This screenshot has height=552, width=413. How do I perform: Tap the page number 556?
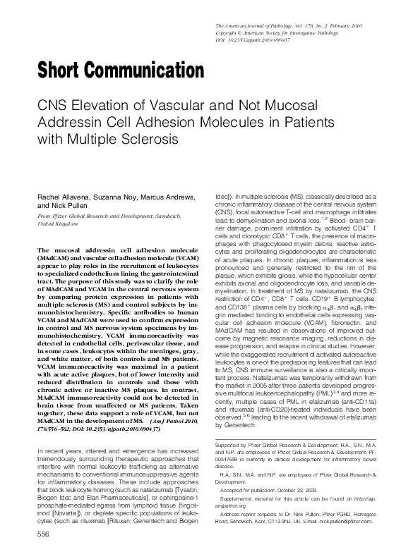pyautogui.click(x=43, y=535)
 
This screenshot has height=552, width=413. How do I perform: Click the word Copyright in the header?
pyautogui.click(x=228, y=32)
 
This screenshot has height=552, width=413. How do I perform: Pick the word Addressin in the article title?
pyautogui.click(x=66, y=120)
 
